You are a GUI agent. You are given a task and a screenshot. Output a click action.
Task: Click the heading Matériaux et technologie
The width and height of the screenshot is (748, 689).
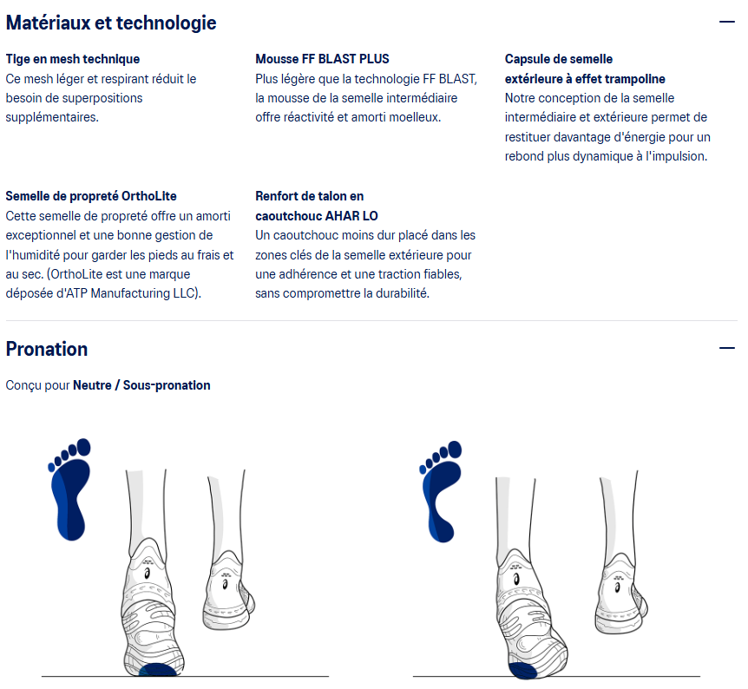pos(111,23)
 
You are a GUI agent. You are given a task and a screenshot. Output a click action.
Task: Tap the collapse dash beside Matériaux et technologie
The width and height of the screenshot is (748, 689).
pos(727,22)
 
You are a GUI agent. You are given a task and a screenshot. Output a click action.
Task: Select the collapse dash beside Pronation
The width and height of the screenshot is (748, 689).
pos(727,348)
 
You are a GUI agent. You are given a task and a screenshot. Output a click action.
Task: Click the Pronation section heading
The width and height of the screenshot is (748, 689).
pos(47,349)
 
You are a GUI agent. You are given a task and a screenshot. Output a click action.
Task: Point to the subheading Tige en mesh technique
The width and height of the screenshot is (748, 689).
pos(73,59)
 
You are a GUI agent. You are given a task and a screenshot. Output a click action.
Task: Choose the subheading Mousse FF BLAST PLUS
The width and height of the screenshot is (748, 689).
pos(322,59)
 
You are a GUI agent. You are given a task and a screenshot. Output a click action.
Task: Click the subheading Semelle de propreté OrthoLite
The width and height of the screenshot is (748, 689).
pos(91,196)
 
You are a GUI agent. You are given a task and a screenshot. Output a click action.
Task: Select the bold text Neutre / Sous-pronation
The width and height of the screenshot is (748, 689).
pos(141,385)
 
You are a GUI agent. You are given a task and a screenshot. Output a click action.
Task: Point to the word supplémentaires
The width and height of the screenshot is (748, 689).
pos(52,117)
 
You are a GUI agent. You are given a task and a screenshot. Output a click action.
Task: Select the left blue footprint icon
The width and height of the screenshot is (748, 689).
pos(69,489)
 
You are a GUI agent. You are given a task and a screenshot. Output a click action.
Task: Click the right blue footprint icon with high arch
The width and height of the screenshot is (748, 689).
pos(440,491)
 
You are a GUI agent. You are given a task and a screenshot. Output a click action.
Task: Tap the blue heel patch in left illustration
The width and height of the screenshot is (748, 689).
pos(157,670)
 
